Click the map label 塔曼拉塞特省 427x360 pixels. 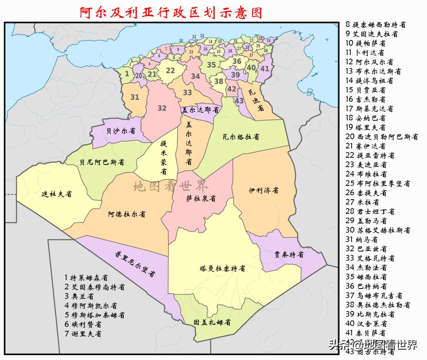tap(222, 268)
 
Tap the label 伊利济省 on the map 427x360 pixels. tap(264, 190)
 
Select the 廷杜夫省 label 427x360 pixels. tap(56, 194)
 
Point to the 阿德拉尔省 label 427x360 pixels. tap(127, 214)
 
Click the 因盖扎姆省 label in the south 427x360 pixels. tap(212, 322)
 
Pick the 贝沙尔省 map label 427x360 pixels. tap(121, 131)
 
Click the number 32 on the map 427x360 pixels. tap(162, 108)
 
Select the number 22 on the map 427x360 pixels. tap(170, 70)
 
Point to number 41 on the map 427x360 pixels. tap(264, 68)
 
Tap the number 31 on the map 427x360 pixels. tap(135, 97)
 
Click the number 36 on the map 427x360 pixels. tap(237, 61)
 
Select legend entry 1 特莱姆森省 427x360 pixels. tap(86, 278)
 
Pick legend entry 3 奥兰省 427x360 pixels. tap(79, 296)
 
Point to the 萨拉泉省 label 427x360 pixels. tap(201, 199)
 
